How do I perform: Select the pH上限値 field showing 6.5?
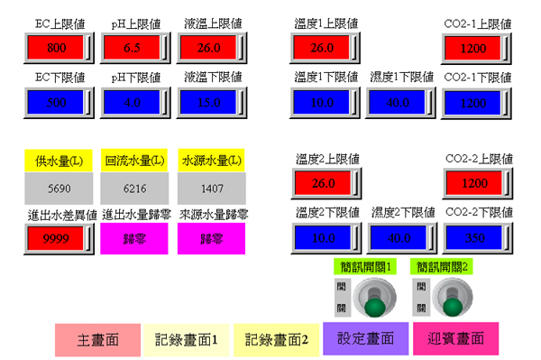(x=133, y=47)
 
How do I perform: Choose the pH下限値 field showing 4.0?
(x=133, y=102)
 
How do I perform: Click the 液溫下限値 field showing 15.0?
(x=209, y=102)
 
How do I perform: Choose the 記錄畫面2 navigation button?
(x=277, y=339)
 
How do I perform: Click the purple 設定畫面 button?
(x=365, y=339)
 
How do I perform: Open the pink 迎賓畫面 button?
(x=455, y=339)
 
